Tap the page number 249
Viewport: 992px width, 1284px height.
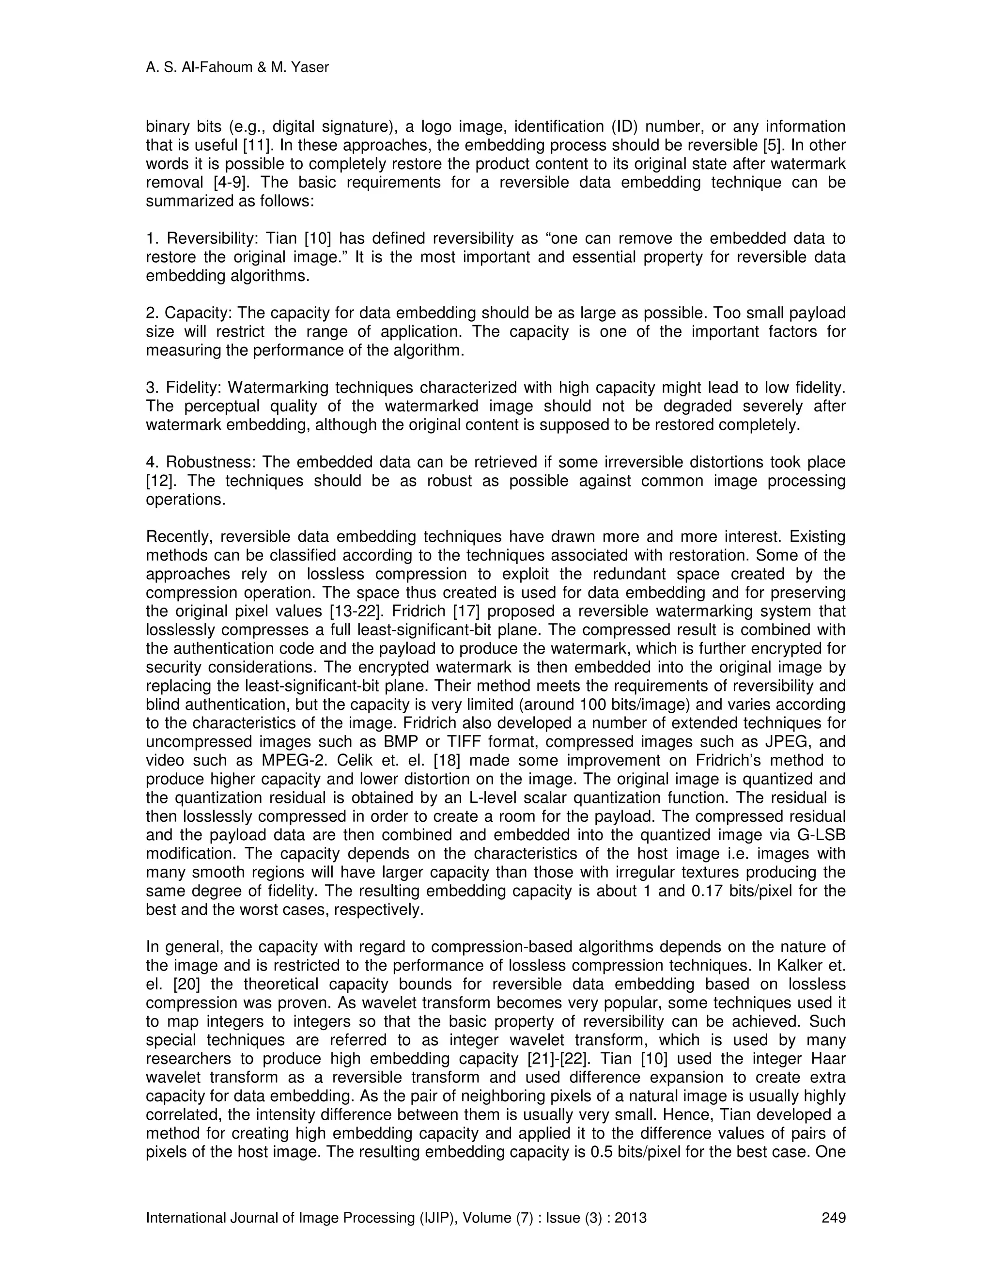(x=833, y=1218)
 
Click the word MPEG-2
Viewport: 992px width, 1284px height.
(x=293, y=761)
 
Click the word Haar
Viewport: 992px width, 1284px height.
(x=827, y=1059)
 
